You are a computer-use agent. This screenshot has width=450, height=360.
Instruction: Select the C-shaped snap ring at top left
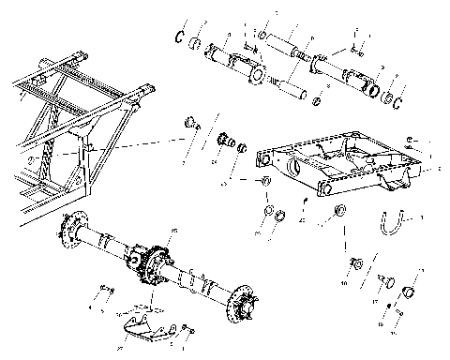tap(178, 37)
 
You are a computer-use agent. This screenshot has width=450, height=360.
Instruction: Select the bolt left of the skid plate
tap(106, 300)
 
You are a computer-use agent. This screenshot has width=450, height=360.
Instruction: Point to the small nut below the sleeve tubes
tap(317, 100)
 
